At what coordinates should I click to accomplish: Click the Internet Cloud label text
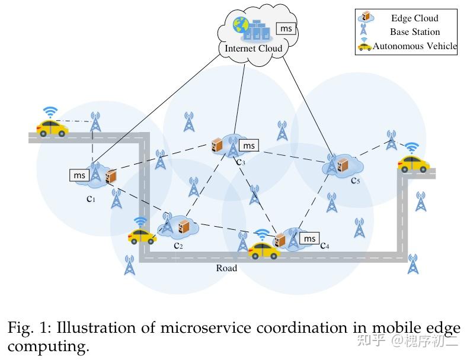click(253, 48)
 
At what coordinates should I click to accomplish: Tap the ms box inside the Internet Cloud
click(286, 28)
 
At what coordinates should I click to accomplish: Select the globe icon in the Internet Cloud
click(241, 25)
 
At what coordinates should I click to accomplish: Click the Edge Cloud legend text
click(414, 18)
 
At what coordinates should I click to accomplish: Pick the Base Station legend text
click(414, 32)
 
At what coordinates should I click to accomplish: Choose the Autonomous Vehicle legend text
click(415, 46)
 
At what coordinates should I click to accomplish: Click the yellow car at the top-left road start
click(52, 127)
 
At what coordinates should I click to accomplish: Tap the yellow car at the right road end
click(413, 163)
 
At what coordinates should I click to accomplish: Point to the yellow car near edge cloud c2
click(142, 236)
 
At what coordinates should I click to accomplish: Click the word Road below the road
click(226, 268)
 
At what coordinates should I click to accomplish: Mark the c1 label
click(91, 199)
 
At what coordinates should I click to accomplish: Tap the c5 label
click(354, 180)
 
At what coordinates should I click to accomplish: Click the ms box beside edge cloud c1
click(79, 175)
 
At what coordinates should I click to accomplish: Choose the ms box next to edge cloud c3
click(249, 146)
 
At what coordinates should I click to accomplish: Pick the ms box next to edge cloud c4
click(309, 238)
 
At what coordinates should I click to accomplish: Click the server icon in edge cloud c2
click(184, 226)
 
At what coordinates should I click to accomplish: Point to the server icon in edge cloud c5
click(342, 166)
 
